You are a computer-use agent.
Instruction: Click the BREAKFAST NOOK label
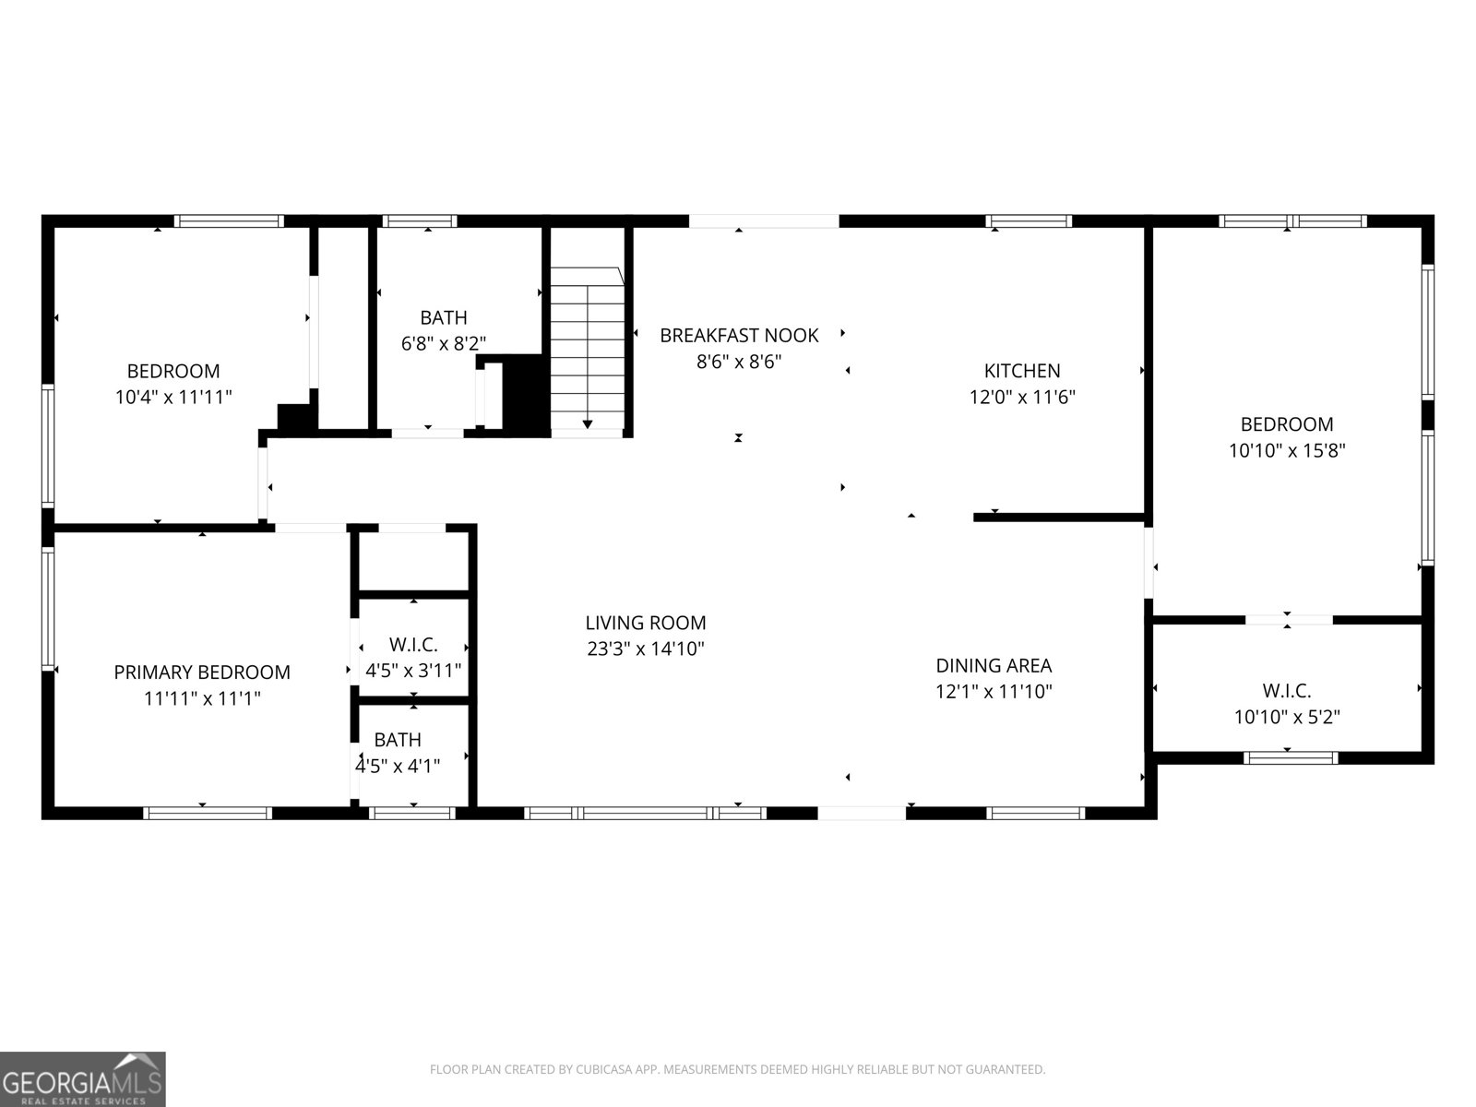[x=739, y=336]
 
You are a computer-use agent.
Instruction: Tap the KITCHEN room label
[x=1022, y=371]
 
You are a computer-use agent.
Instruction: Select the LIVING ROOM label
[x=646, y=623]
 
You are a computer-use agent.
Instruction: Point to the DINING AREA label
[x=994, y=665]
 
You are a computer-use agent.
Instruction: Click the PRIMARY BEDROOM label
[x=202, y=673]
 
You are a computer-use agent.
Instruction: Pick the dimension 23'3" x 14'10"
[x=646, y=649]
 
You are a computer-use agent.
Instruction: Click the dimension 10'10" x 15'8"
[x=1287, y=450]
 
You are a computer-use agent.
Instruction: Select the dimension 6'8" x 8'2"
[x=444, y=344]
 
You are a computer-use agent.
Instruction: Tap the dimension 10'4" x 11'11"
[x=173, y=398]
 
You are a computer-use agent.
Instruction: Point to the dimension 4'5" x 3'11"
[x=413, y=671]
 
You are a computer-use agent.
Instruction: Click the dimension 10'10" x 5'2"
[x=1287, y=717]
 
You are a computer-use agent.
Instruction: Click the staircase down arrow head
[x=588, y=424]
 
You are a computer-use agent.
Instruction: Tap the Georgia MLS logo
[x=83, y=1078]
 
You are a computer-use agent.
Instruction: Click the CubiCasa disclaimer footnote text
[x=738, y=1069]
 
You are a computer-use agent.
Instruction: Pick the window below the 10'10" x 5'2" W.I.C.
[x=1291, y=758]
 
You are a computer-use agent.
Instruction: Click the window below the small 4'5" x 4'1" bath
[x=412, y=814]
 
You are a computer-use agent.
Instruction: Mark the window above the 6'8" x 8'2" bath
[x=420, y=221]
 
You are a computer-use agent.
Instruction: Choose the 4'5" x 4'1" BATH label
[x=399, y=740]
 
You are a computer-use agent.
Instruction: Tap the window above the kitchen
[x=1029, y=221]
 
